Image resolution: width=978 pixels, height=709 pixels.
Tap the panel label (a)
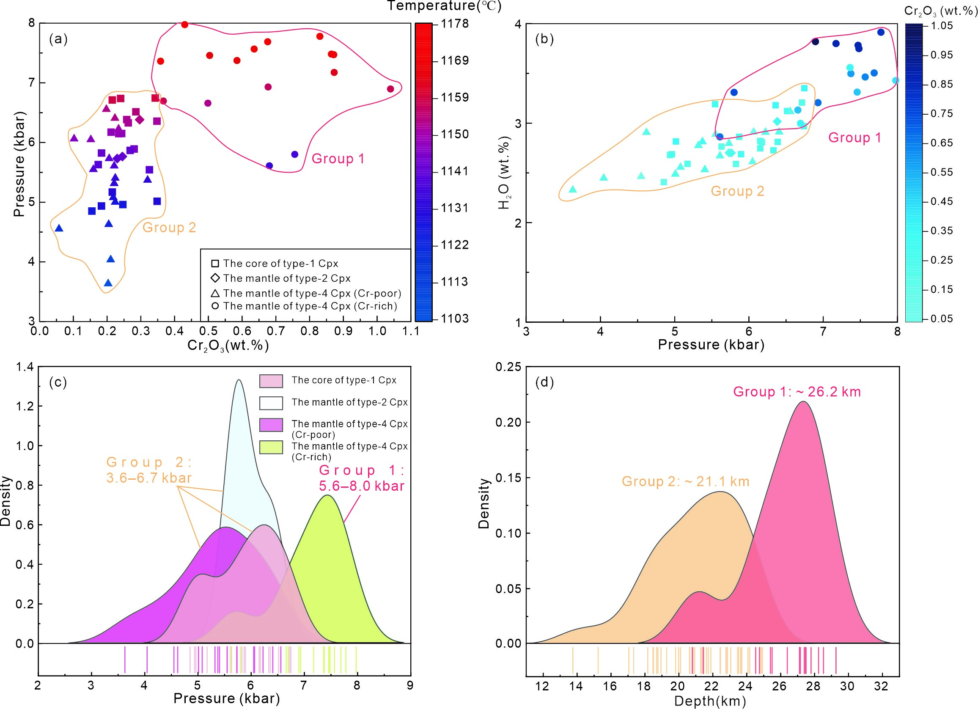[58, 39]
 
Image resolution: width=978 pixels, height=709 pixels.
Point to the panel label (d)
[544, 382]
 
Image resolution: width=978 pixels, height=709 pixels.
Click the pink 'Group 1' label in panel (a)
[338, 159]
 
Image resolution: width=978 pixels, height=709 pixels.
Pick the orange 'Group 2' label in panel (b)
[737, 191]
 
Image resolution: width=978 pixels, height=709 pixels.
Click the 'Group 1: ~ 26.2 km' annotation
[797, 392]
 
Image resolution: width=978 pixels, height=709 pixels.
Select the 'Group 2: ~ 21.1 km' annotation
[685, 481]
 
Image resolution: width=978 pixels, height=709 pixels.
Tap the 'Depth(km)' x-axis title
[710, 701]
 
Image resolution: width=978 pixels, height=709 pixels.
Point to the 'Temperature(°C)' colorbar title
[444, 6]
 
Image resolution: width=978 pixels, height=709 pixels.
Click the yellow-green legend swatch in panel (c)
[271, 447]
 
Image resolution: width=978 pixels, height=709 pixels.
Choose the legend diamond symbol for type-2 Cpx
[215, 278]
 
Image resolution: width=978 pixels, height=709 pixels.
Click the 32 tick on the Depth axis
[881, 686]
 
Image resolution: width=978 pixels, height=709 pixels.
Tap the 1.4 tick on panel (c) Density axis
[25, 367]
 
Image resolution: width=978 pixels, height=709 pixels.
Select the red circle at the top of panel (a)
[184, 25]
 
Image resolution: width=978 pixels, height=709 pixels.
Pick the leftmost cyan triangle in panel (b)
[572, 190]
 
